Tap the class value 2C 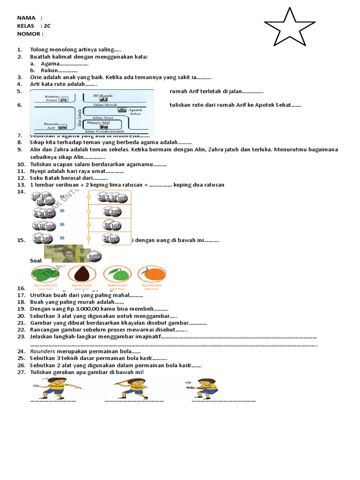46,26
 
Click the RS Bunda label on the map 100,96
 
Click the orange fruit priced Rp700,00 152,274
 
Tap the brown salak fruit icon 82,274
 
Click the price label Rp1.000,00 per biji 45,287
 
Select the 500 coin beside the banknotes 94,256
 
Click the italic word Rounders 43,351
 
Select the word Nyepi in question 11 38,171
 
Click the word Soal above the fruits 36,260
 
